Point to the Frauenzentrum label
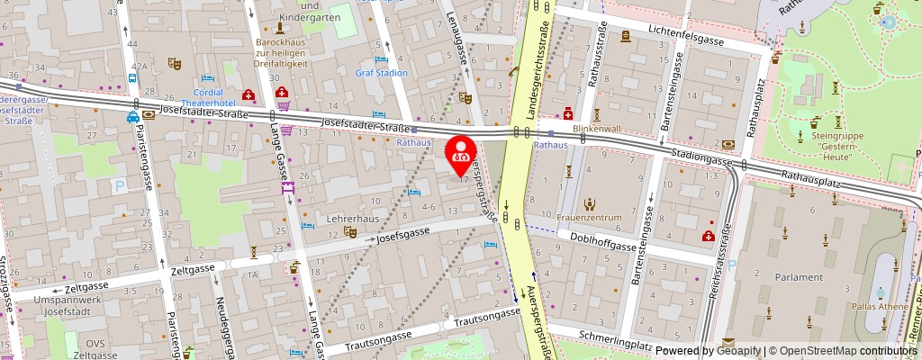[x=590, y=218]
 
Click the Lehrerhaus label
[x=353, y=218]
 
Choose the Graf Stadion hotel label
[x=381, y=73]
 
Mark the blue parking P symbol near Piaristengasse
[x=121, y=186]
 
